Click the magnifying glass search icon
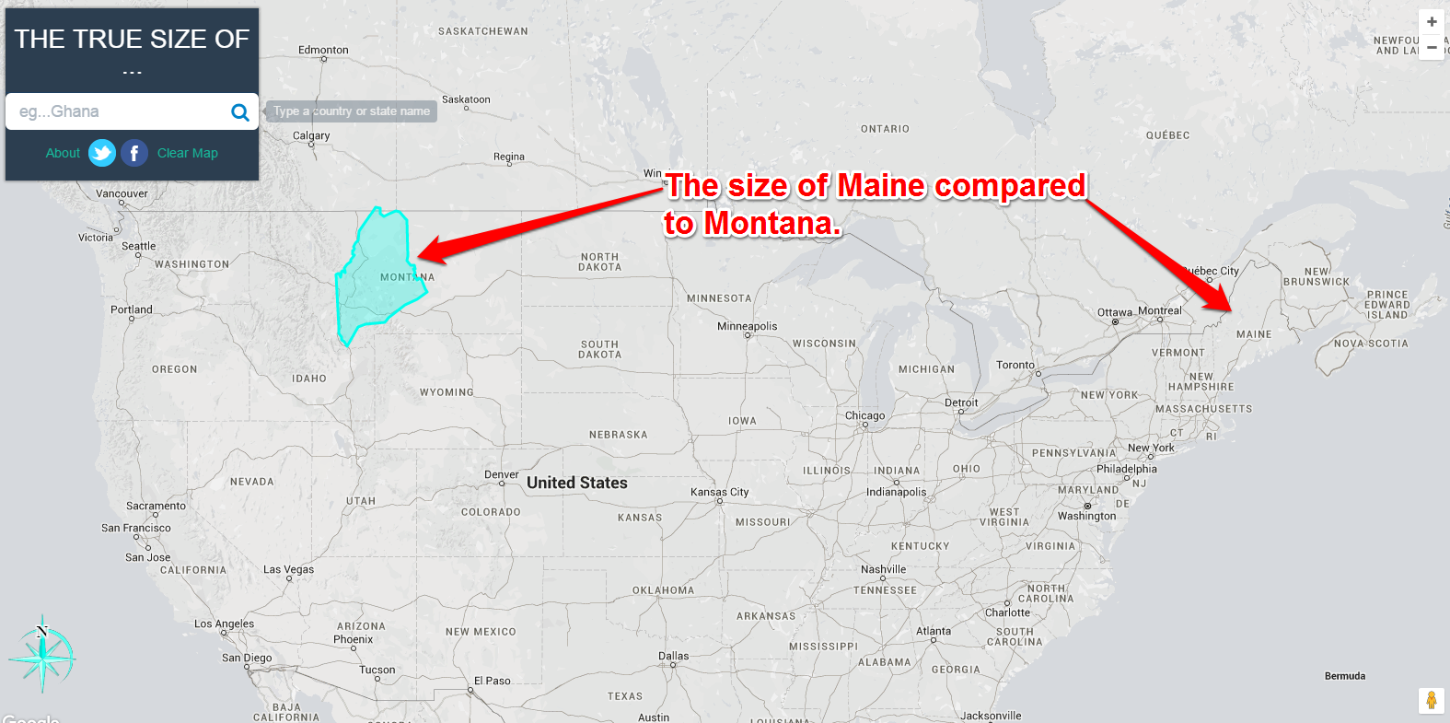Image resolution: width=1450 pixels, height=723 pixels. [x=239, y=112]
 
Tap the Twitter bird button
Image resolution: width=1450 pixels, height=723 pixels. [x=102, y=153]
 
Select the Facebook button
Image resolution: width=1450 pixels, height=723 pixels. [x=134, y=153]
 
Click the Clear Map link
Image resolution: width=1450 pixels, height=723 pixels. [x=188, y=153]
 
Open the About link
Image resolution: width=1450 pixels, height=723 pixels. [x=63, y=153]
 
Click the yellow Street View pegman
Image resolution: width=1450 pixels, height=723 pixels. [x=1431, y=700]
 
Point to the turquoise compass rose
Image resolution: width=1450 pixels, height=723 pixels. [x=42, y=655]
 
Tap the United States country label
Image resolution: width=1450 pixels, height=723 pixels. [x=577, y=483]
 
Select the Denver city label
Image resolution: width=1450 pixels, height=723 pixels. [x=502, y=475]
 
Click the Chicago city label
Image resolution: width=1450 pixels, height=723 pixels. [x=864, y=415]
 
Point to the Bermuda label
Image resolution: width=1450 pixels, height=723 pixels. [x=1344, y=676]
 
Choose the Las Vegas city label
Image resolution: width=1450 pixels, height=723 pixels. [x=288, y=569]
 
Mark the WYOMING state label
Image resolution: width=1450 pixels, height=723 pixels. [x=447, y=392]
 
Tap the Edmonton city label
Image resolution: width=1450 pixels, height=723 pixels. [x=323, y=51]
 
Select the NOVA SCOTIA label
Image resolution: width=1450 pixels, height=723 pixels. [x=1371, y=344]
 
